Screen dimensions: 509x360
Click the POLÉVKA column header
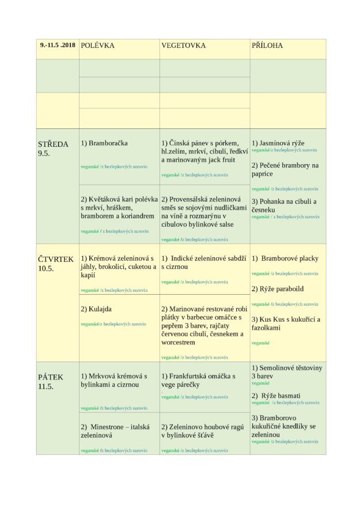[97, 45]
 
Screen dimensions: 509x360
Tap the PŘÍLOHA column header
[267, 45]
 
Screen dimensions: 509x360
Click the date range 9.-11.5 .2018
[58, 44]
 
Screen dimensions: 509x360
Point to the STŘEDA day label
[53, 145]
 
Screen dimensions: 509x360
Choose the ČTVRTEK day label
[56, 259]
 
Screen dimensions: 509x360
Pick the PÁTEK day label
[51, 377]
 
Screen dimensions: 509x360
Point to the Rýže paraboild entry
[277, 288]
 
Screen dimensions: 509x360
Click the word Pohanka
[274, 202]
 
